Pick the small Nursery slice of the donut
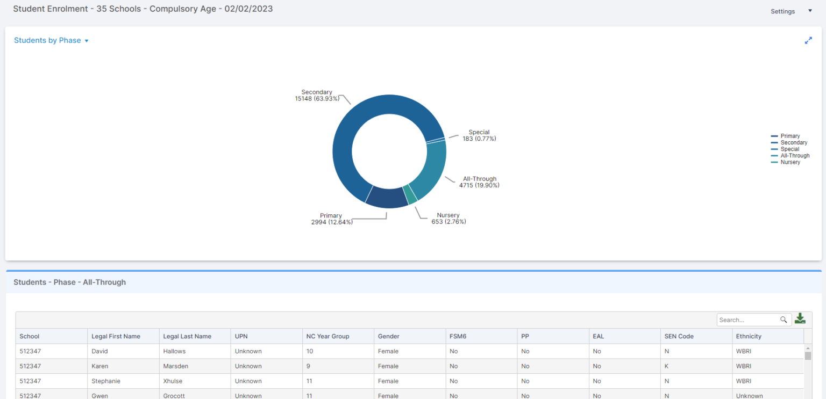tap(410, 194)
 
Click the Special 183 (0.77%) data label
tap(479, 135)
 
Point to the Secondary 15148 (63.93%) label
tap(317, 96)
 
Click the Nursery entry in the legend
tap(790, 162)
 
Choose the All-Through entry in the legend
tap(794, 156)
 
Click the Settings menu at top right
tap(791, 11)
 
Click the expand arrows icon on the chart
tap(808, 40)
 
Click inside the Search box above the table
tap(749, 320)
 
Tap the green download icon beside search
tap(800, 319)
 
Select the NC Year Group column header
tap(327, 336)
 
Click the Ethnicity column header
tap(749, 336)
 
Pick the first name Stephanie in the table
tap(106, 381)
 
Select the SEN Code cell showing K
tap(667, 366)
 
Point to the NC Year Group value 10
tap(310, 351)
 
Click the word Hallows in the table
tap(174, 351)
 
